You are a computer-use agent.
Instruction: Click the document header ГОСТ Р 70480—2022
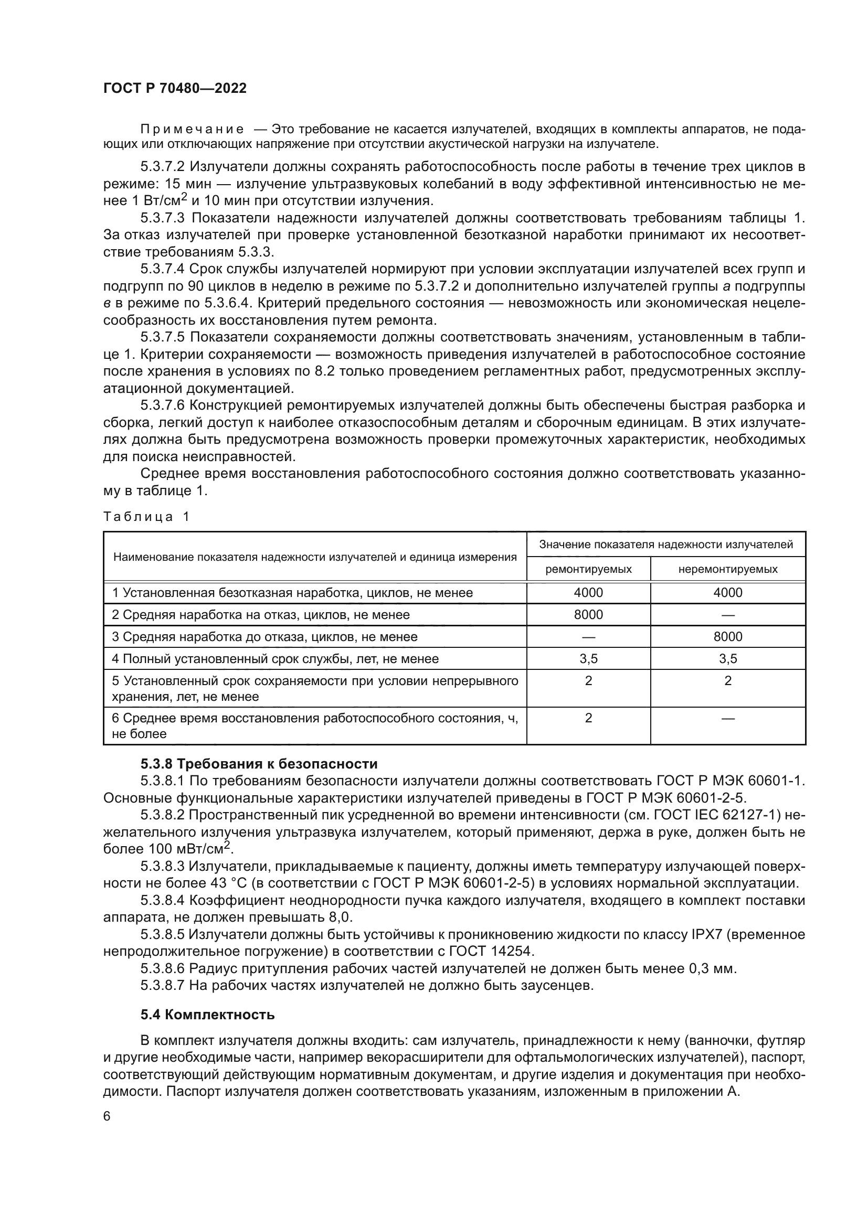[175, 89]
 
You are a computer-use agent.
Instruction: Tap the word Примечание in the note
[192, 130]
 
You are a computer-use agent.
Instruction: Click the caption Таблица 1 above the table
[146, 517]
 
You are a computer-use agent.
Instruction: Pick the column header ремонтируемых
[588, 569]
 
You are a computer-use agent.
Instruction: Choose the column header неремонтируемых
[727, 569]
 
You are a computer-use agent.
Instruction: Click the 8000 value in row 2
[588, 615]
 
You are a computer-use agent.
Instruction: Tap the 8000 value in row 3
[727, 636]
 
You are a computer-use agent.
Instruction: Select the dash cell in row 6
[727, 718]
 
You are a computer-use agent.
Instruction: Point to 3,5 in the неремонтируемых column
[727, 659]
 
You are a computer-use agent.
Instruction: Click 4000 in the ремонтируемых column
[588, 593]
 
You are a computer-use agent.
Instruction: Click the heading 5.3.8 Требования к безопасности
[259, 764]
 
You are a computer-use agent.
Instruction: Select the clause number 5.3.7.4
[163, 269]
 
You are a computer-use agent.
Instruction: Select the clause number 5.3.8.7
[163, 986]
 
